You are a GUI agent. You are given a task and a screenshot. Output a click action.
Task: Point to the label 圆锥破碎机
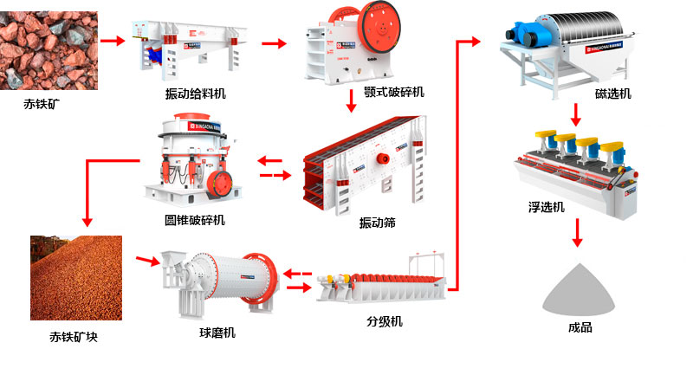194,220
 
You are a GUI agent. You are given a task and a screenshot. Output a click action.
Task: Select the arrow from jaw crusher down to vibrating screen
351,101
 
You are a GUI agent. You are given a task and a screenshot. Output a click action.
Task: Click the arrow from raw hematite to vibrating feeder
111,40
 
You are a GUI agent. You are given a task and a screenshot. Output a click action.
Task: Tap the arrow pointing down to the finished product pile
578,234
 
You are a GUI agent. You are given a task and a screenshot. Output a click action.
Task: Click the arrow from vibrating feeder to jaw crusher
274,44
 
